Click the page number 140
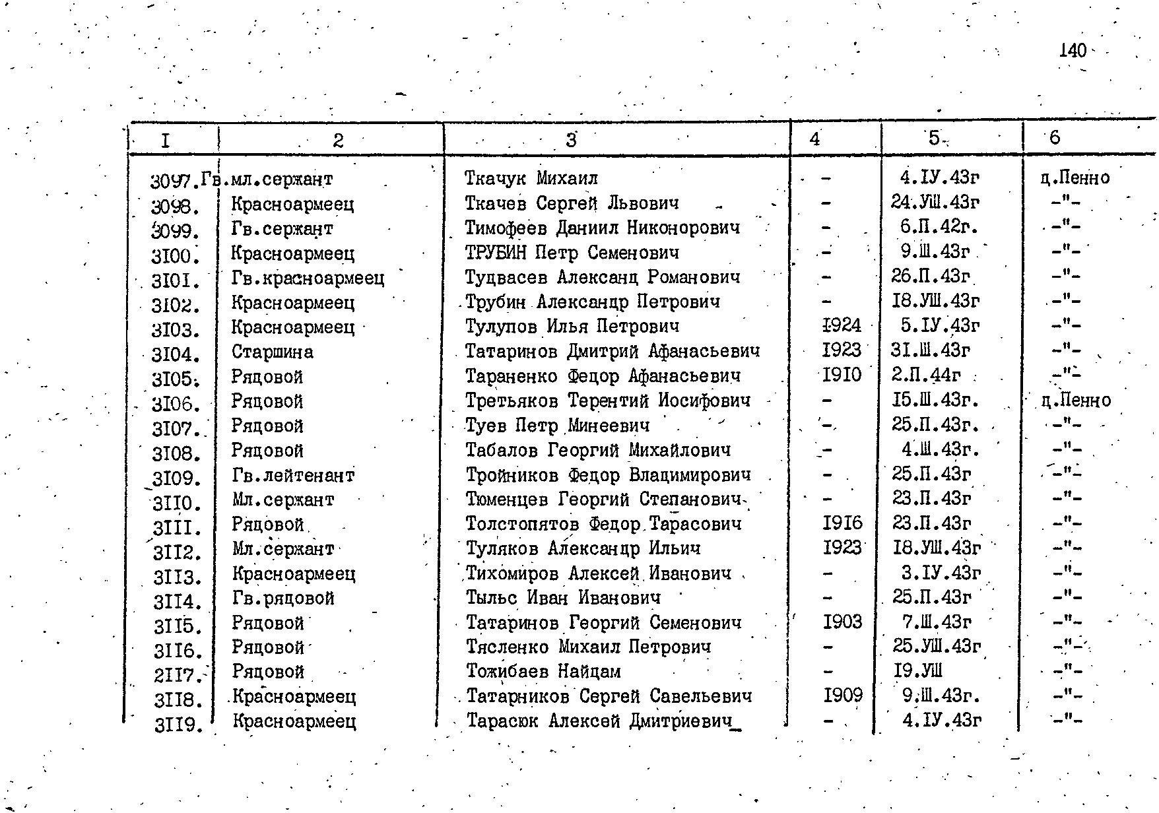tap(1072, 51)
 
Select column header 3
tap(571, 139)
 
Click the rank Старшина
tap(272, 352)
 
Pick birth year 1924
tap(842, 325)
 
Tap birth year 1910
tap(842, 375)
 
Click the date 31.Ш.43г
tap(930, 350)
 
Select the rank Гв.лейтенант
tap(293, 475)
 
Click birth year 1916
tap(843, 524)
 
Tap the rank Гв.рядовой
tap(283, 599)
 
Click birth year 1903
tap(843, 622)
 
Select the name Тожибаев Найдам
tap(543, 672)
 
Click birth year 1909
tap(843, 696)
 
